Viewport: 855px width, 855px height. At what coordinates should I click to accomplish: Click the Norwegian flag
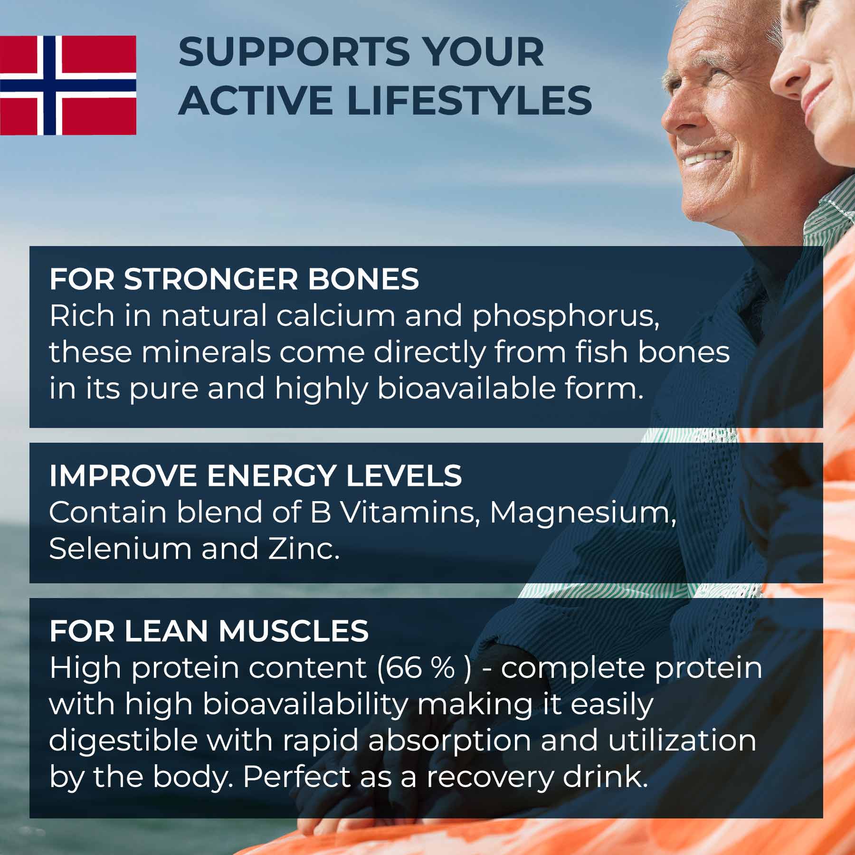pyautogui.click(x=68, y=85)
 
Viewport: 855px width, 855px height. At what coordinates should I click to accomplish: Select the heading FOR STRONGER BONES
pyautogui.click(x=234, y=279)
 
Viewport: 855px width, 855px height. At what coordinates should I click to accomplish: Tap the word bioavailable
pyautogui.click(x=466, y=388)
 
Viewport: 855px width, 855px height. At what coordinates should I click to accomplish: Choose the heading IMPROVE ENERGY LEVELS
pyautogui.click(x=256, y=475)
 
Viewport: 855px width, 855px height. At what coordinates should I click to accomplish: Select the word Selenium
pyautogui.click(x=120, y=549)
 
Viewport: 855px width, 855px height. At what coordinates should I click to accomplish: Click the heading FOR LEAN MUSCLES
pyautogui.click(x=209, y=631)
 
